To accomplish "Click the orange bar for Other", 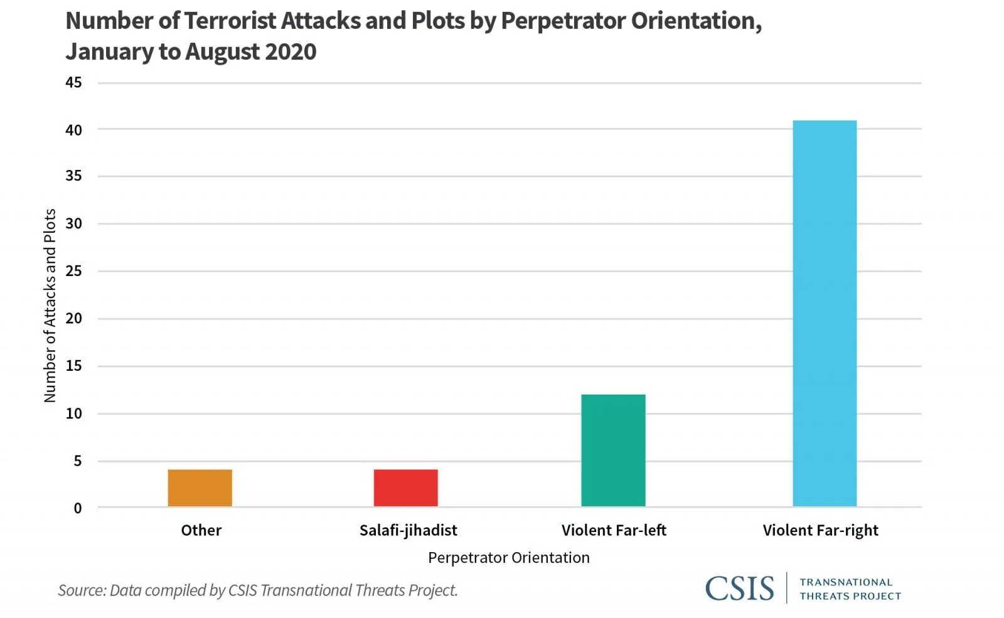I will pos(200,487).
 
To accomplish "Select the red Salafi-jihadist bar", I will pos(405,487).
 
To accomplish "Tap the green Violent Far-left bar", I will pos(613,450).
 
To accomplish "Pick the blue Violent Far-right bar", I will pos(825,313).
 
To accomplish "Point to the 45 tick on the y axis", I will pos(73,82).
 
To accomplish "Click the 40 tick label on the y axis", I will pos(73,130).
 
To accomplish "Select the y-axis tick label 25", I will pos(73,271).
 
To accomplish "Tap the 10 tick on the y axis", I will pos(73,413).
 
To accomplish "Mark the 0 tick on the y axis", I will pos(77,508).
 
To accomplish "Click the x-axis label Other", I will pos(201,530).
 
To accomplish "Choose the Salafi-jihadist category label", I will pos(408,530).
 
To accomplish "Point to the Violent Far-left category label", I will pos(614,530).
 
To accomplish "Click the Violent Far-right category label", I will pos(820,530).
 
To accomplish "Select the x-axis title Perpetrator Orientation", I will pos(508,558).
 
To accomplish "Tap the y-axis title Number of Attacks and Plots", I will pos(50,305).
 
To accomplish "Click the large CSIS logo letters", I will pos(739,589).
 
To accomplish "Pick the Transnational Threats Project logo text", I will pos(850,589).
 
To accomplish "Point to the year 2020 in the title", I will pos(291,51).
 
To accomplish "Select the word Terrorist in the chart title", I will pos(230,21).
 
